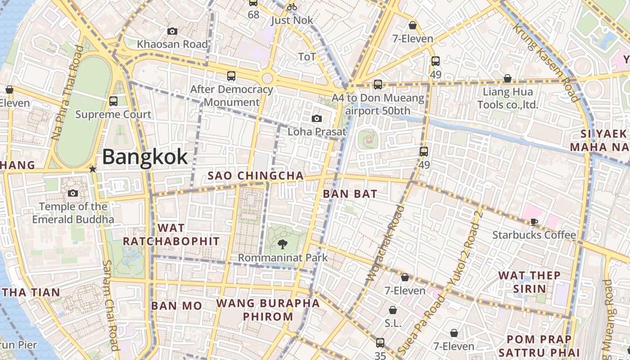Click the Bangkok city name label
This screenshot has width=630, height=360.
click(144, 157)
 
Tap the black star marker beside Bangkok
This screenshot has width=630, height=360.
click(93, 169)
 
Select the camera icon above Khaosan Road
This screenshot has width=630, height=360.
click(172, 31)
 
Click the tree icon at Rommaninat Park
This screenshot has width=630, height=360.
click(283, 244)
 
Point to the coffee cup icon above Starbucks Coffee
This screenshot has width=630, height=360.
click(534, 221)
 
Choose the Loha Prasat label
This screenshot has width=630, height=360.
click(317, 132)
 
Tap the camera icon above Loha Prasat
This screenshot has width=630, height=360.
click(317, 118)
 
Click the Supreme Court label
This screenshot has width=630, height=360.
click(113, 114)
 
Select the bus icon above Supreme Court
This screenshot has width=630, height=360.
click(113, 101)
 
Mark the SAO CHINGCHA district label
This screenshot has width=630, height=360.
click(256, 175)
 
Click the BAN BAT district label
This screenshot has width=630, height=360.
click(350, 194)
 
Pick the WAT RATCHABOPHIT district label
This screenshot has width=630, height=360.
click(171, 234)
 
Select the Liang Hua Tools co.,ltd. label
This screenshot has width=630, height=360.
click(508, 99)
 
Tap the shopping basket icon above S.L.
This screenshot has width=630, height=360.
click(393, 310)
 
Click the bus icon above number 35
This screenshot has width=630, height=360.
click(380, 342)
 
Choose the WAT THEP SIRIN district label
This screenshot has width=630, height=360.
click(529, 282)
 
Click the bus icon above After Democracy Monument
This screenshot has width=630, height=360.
click(231, 76)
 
